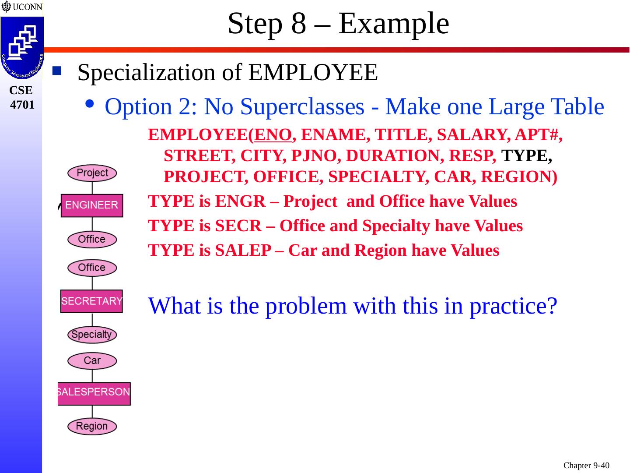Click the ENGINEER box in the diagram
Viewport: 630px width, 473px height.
point(92,205)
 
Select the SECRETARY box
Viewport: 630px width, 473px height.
point(91,301)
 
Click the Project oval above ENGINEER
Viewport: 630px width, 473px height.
point(92,173)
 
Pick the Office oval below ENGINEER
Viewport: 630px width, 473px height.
point(92,240)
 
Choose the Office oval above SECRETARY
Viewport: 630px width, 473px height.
point(92,268)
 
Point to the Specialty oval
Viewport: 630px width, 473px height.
point(92,335)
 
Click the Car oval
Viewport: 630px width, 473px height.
point(92,361)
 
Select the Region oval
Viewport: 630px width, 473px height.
point(92,426)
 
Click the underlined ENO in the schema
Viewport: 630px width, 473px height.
point(273,135)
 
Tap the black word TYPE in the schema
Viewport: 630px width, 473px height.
point(526,155)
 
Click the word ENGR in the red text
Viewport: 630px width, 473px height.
point(240,201)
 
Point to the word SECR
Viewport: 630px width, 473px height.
point(238,226)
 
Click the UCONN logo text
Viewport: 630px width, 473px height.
point(27,7)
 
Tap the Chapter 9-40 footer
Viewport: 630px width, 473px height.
point(586,465)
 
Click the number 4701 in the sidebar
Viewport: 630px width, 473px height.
point(22,105)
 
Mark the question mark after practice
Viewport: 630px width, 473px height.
point(553,306)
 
